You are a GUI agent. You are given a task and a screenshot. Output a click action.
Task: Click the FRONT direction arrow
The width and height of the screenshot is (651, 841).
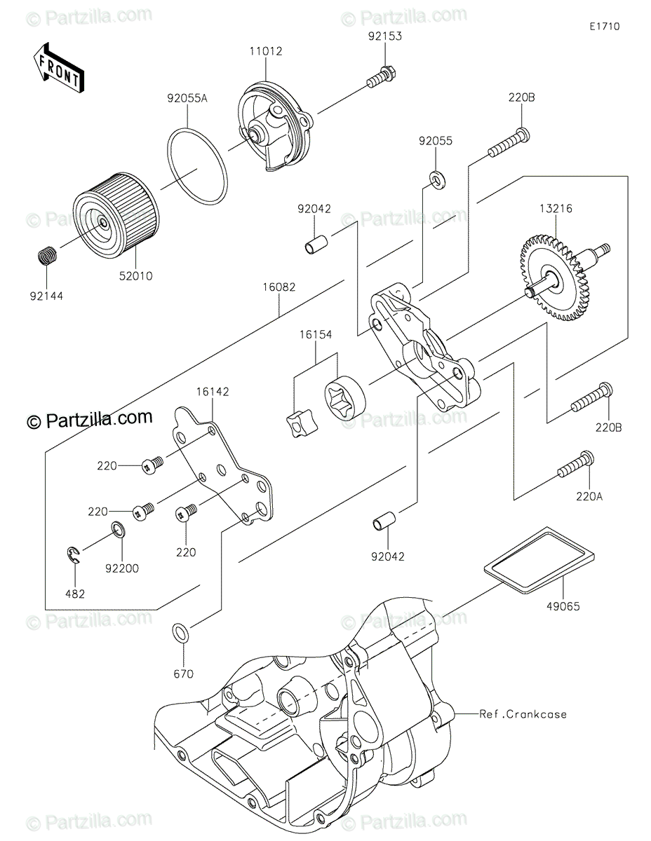coord(58,67)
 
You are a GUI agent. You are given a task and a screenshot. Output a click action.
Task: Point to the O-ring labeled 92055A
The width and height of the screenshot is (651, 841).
coord(198,163)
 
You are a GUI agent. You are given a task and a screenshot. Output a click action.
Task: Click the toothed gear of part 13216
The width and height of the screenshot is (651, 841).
coord(553,275)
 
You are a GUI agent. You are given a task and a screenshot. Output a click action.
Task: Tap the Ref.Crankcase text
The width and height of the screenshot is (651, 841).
coord(523,714)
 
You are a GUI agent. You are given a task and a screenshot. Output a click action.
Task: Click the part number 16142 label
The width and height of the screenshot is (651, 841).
coord(213,392)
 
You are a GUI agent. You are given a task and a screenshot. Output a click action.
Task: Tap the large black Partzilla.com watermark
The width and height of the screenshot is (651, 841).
coord(89,419)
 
